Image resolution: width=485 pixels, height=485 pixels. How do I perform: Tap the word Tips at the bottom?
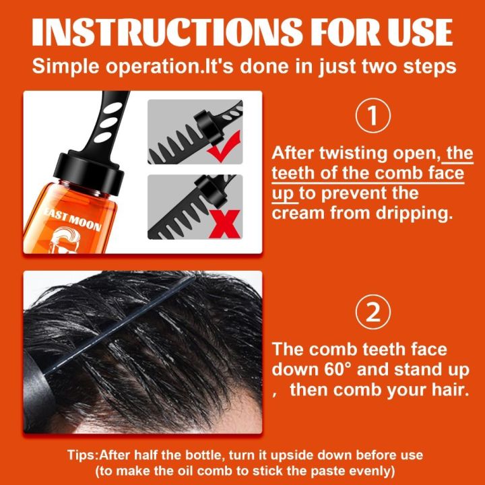tap(83, 455)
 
